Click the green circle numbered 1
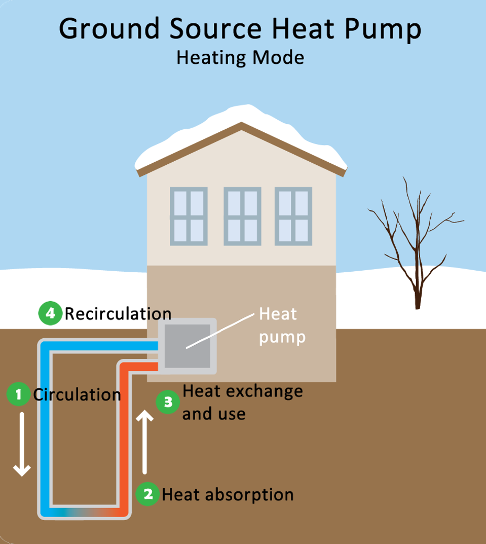pyautogui.click(x=19, y=394)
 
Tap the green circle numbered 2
pyautogui.click(x=148, y=494)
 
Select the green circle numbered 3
pyautogui.click(x=168, y=402)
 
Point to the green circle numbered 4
pyautogui.click(x=50, y=314)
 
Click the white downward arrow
pyautogui.click(x=22, y=444)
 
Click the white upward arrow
pyautogui.click(x=145, y=441)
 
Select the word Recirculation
pyautogui.click(x=118, y=314)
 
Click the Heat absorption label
pyautogui.click(x=228, y=494)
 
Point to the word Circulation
pyautogui.click(x=77, y=394)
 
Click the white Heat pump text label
pyautogui.click(x=282, y=325)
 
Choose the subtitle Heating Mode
pyautogui.click(x=240, y=57)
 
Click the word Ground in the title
pyautogui.click(x=111, y=29)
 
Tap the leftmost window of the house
pyautogui.click(x=189, y=216)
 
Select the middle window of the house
pyautogui.click(x=242, y=216)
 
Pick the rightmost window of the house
pyautogui.click(x=293, y=216)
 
